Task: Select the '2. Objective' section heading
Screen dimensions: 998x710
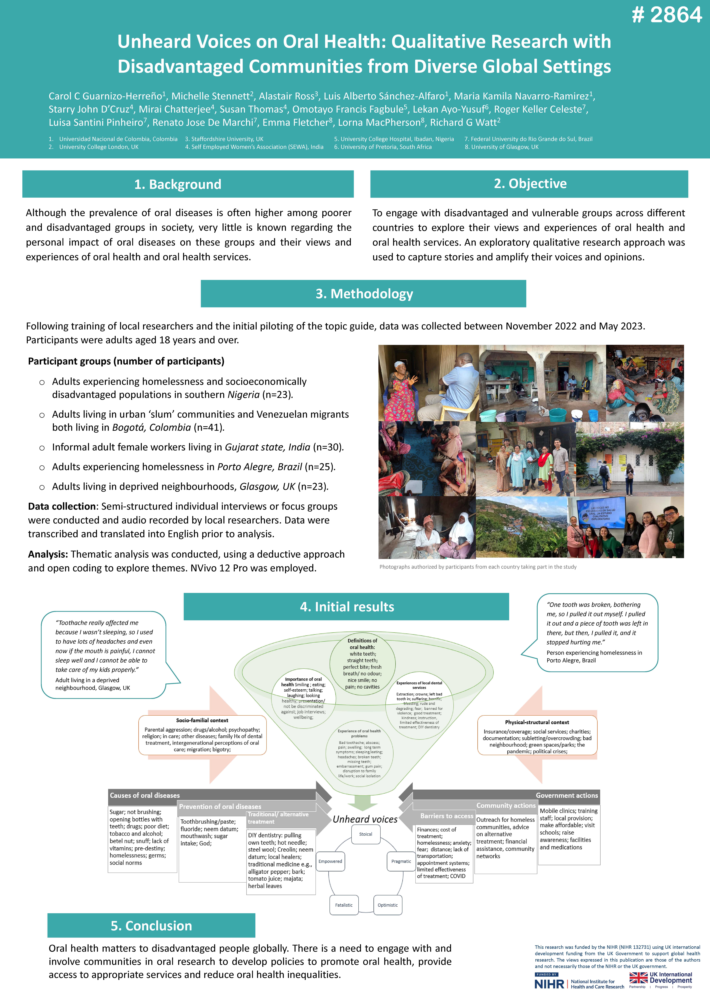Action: (530, 184)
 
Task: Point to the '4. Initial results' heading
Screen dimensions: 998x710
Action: (347, 607)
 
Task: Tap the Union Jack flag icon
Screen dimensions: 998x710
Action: (638, 978)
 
